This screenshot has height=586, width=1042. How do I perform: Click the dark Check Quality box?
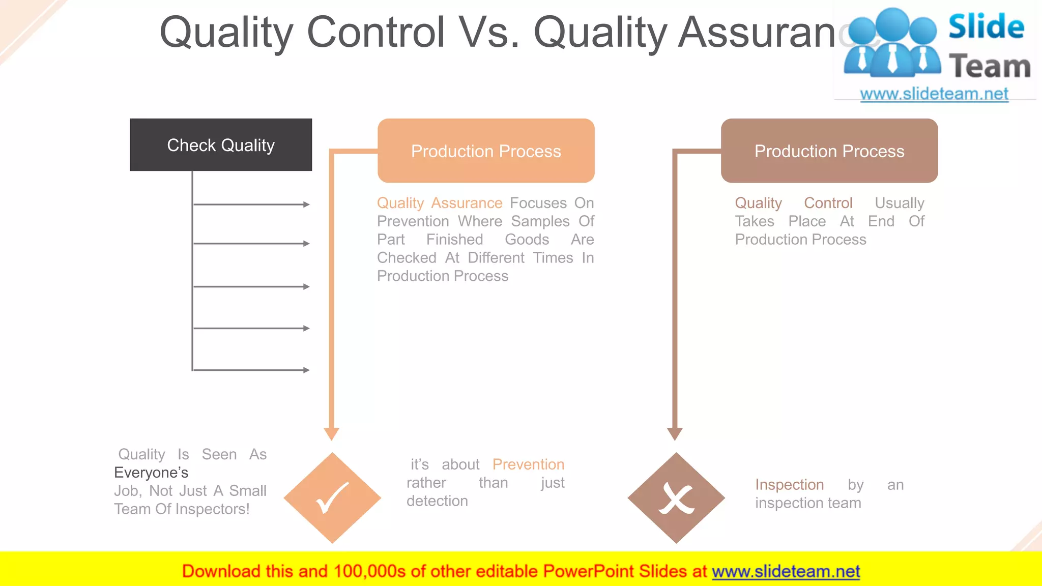click(221, 145)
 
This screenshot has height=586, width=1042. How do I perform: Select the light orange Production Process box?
click(486, 151)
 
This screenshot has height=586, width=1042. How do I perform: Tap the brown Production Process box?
click(829, 151)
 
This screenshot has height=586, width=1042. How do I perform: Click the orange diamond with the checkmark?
click(332, 498)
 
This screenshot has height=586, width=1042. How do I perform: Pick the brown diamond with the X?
click(676, 498)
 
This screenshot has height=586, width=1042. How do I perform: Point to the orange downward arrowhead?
click(331, 433)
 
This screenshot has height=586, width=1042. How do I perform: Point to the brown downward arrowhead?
click(675, 433)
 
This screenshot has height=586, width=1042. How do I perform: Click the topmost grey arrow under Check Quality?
click(251, 204)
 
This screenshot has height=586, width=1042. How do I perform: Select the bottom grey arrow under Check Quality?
click(251, 370)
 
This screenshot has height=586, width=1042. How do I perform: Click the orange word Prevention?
click(528, 464)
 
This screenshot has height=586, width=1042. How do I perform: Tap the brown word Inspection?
click(789, 485)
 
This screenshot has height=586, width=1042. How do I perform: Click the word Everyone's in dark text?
click(151, 473)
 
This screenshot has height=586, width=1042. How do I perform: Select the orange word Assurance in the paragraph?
click(467, 203)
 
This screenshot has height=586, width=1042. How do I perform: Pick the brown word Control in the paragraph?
click(828, 203)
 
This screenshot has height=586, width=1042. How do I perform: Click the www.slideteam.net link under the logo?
click(934, 94)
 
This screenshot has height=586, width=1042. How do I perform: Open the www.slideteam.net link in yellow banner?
click(786, 571)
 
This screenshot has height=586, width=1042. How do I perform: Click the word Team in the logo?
click(990, 67)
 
